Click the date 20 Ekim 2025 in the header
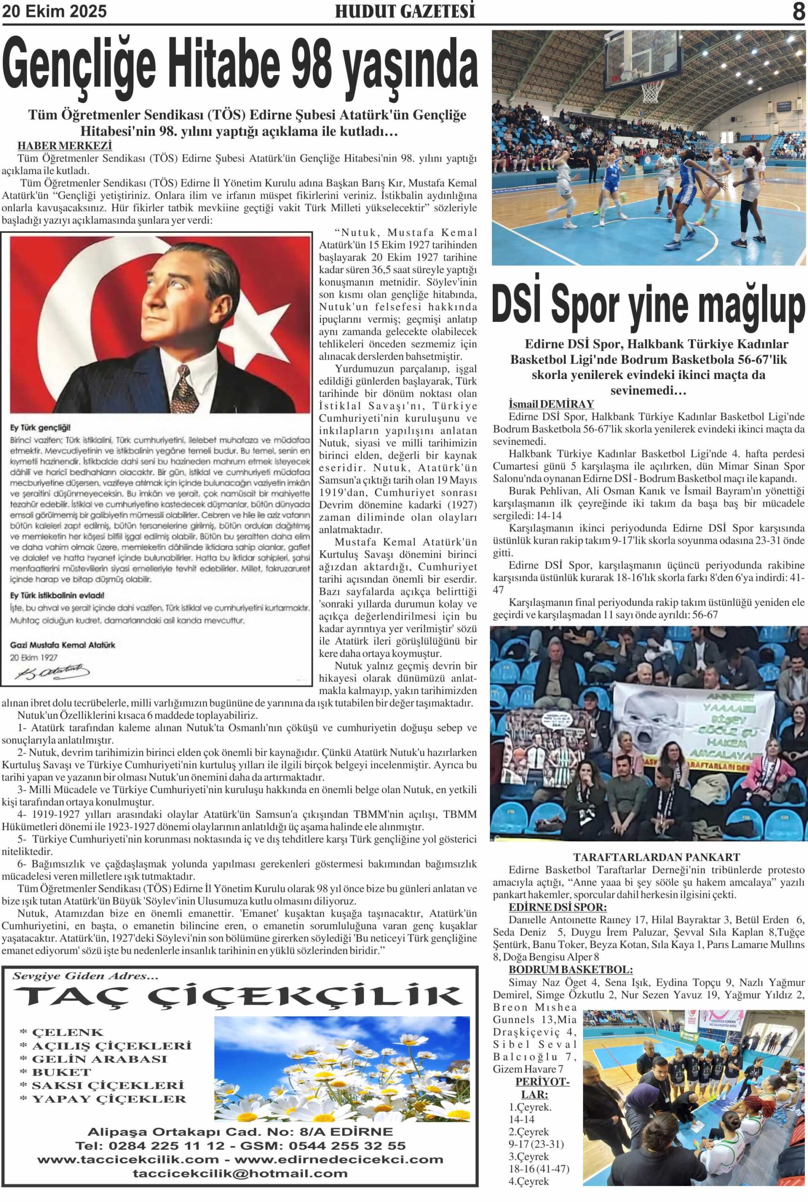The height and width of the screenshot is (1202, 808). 54,12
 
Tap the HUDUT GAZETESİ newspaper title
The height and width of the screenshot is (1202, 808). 404,12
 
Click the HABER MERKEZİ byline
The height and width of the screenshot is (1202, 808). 64,146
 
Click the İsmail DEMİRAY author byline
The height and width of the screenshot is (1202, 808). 551,404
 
